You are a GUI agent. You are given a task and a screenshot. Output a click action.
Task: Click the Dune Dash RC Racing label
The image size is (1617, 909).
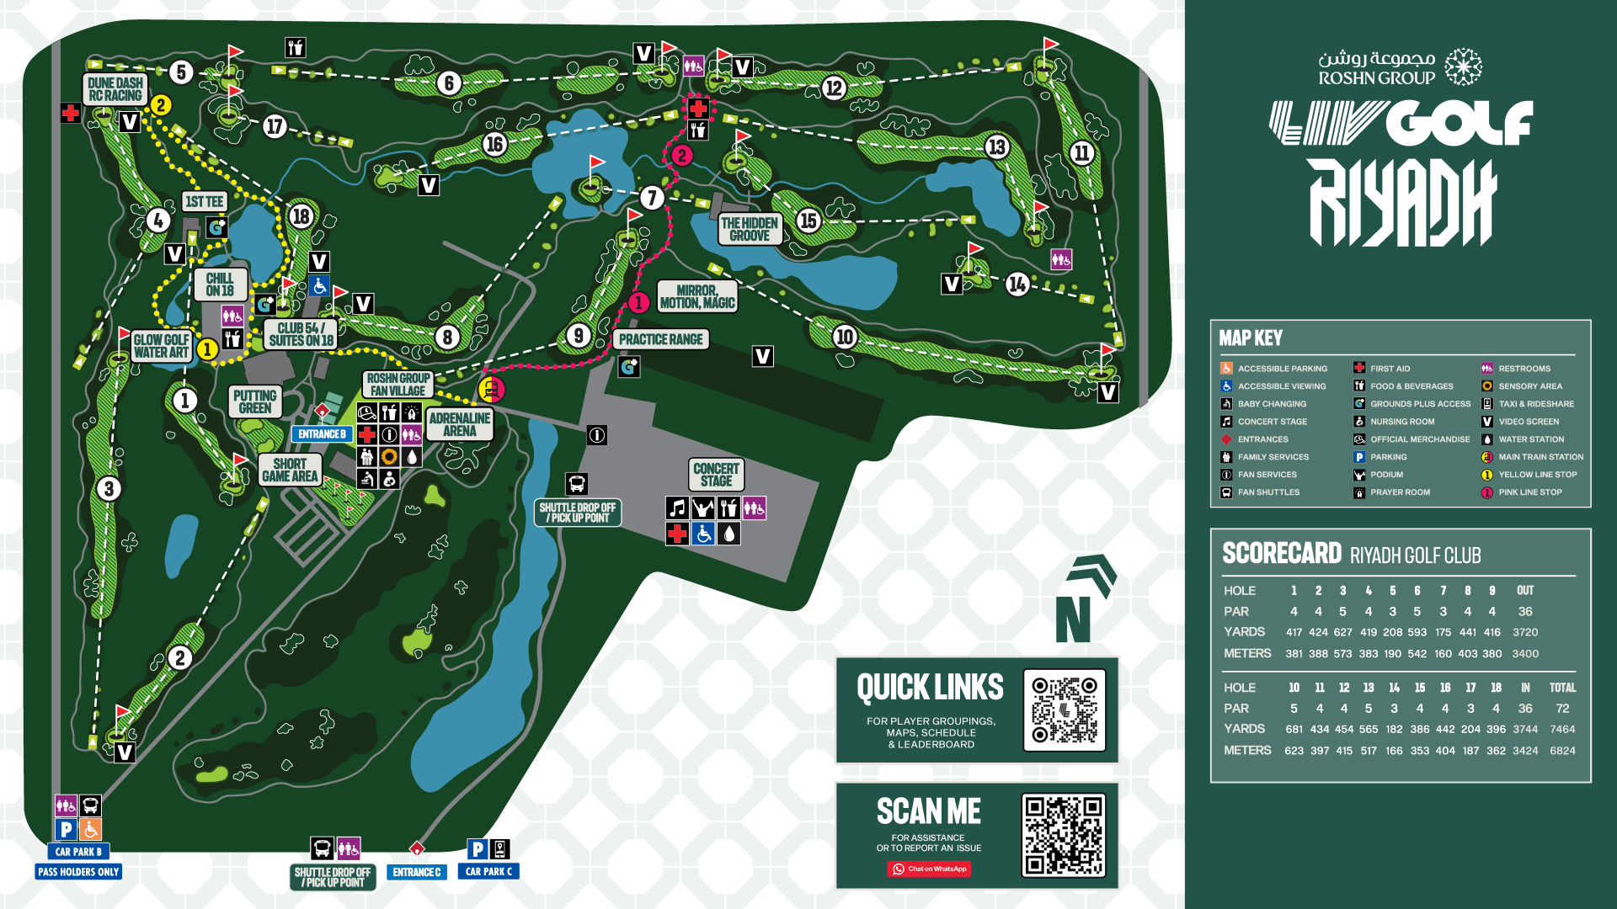pyautogui.click(x=115, y=89)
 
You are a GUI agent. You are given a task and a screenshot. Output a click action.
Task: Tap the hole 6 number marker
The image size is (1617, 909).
pyautogui.click(x=449, y=83)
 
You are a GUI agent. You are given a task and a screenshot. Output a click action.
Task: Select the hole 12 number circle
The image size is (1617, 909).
pyautogui.click(x=834, y=88)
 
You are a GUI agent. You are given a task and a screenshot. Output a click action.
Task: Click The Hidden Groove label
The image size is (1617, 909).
pyautogui.click(x=750, y=229)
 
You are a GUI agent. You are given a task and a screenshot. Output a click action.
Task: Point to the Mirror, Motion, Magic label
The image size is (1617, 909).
pyautogui.click(x=697, y=296)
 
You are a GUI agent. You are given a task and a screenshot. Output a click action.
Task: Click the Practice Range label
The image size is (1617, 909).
pyautogui.click(x=660, y=339)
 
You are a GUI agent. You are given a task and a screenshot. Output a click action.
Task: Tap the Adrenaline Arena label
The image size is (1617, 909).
pyautogui.click(x=460, y=424)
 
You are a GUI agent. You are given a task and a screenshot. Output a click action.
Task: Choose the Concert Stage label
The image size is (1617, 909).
pyautogui.click(x=716, y=475)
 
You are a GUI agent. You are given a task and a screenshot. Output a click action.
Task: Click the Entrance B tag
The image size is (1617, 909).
pyautogui.click(x=322, y=434)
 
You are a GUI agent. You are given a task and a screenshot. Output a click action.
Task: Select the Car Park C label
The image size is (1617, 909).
pyautogui.click(x=488, y=872)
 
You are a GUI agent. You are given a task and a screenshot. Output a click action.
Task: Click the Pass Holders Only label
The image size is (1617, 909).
pyautogui.click(x=78, y=872)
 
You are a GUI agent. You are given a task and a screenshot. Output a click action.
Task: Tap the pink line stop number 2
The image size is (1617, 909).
pyautogui.click(x=681, y=155)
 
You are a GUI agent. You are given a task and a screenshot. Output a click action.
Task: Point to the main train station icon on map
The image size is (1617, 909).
pyautogui.click(x=491, y=390)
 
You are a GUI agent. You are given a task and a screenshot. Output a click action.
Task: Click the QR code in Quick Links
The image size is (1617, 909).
pyautogui.click(x=1065, y=710)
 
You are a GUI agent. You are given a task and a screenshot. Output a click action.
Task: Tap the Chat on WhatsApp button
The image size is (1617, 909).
pyautogui.click(x=929, y=869)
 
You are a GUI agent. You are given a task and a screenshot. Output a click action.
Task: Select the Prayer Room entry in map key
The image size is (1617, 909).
pyautogui.click(x=1399, y=492)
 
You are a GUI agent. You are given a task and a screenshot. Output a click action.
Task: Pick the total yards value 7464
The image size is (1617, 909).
pyautogui.click(x=1562, y=730)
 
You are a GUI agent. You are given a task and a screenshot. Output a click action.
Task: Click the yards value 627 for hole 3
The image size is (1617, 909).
pyautogui.click(x=1342, y=632)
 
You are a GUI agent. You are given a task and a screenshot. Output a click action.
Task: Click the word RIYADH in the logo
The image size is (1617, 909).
pyautogui.click(x=1402, y=204)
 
